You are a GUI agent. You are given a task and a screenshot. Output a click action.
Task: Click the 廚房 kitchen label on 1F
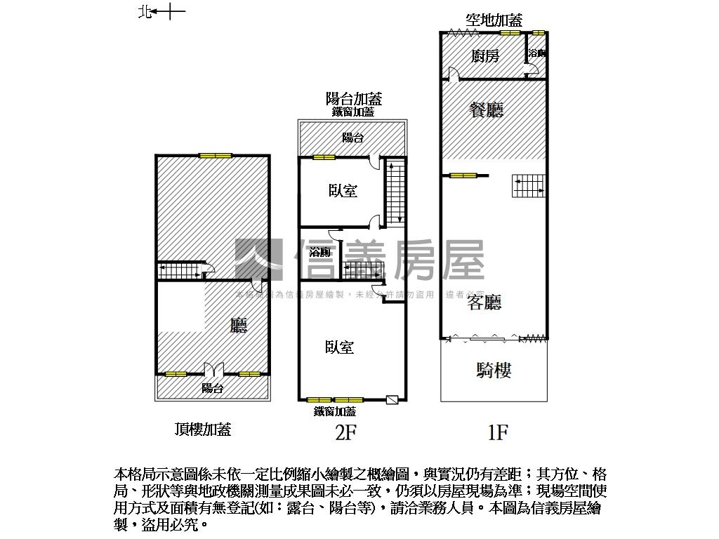click(x=485, y=56)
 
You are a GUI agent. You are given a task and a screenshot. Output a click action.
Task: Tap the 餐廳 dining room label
click(x=487, y=109)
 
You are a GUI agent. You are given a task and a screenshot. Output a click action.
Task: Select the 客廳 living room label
click(x=484, y=302)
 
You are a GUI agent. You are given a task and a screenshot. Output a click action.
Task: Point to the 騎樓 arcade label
click(x=494, y=371)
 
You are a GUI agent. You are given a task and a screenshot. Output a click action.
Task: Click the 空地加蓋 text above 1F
click(x=494, y=20)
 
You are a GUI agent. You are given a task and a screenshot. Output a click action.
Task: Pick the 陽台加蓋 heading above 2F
click(x=353, y=99)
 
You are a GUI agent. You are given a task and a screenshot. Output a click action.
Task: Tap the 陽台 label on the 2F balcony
click(x=352, y=138)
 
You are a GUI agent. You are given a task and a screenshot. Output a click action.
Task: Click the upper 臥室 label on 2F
click(x=343, y=191)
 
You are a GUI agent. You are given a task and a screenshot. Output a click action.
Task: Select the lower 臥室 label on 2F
click(x=339, y=347)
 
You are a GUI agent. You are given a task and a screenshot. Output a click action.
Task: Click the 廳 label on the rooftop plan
click(x=239, y=326)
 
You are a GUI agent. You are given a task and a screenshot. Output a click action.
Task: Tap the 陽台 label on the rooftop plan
click(x=212, y=388)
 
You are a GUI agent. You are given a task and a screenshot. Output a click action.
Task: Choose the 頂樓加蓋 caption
click(x=203, y=430)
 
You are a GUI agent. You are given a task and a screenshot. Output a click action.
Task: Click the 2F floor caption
click(x=345, y=433)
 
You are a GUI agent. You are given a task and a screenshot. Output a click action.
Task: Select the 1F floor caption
click(x=497, y=433)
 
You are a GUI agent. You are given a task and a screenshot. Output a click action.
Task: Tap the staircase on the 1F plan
click(x=528, y=185)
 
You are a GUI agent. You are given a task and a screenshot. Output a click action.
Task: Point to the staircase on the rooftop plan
click(x=178, y=270)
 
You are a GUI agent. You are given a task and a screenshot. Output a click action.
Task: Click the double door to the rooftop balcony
click(x=213, y=369)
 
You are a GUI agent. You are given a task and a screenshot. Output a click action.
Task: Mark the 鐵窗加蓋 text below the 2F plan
click(x=334, y=412)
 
